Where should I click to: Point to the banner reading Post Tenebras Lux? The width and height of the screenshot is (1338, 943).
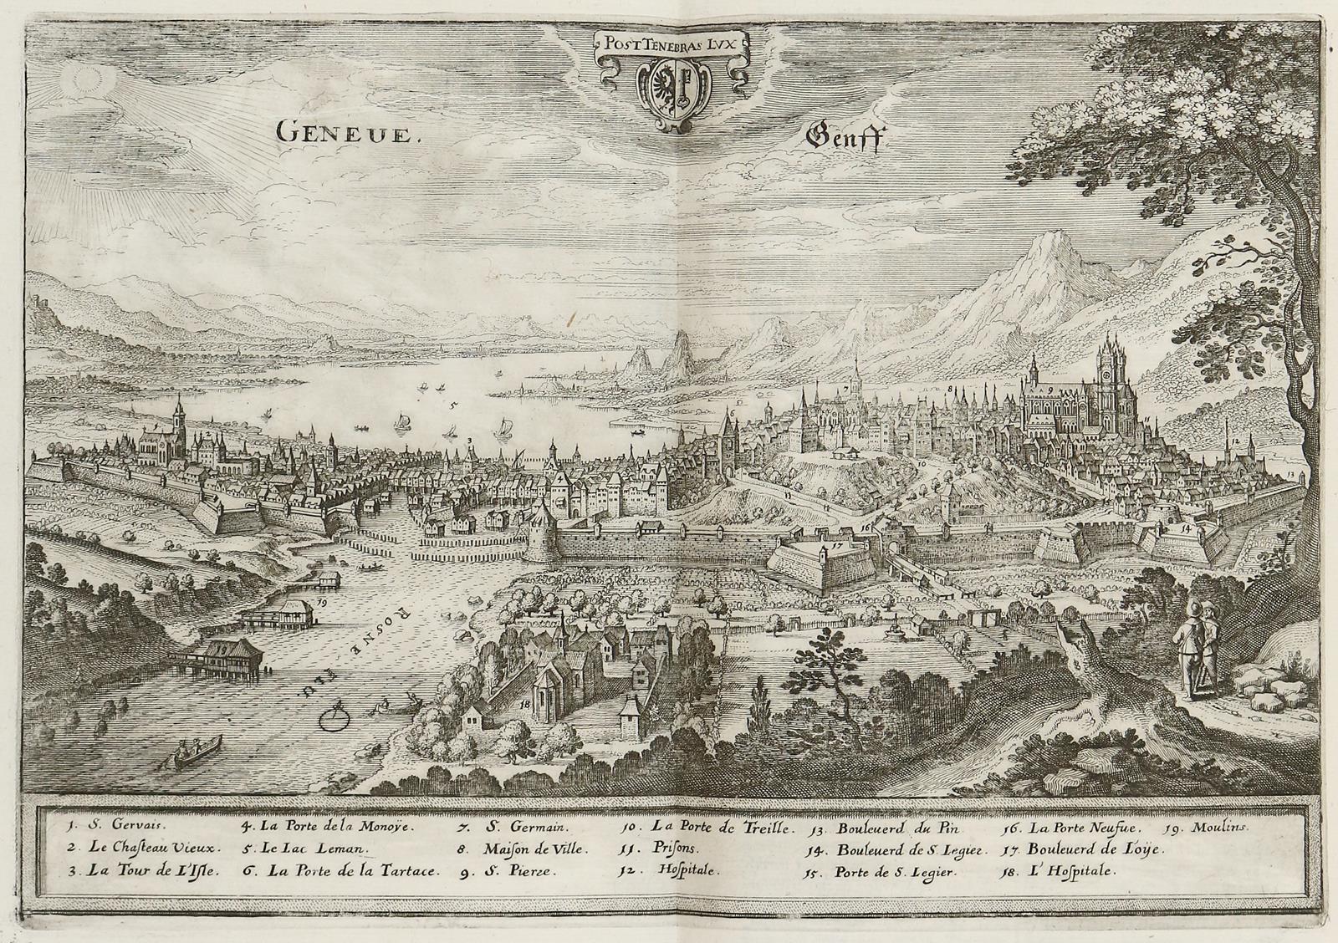672,43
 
